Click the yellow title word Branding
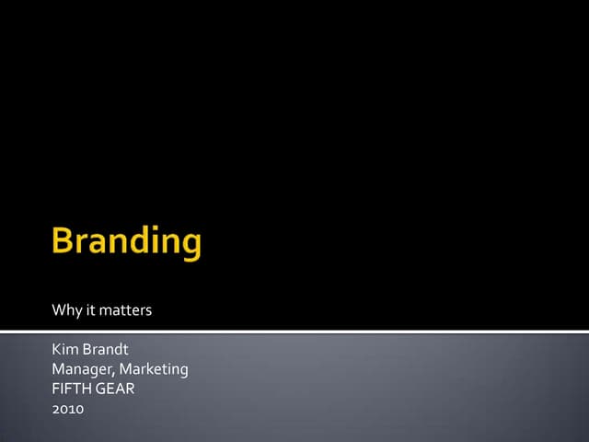(126, 242)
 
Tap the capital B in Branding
(63, 241)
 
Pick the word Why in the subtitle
(66, 310)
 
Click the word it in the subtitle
(90, 310)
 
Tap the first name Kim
(65, 351)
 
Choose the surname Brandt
(108, 351)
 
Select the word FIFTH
(70, 389)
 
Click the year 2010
(68, 408)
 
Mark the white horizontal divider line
(294, 331)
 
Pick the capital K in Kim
(57, 351)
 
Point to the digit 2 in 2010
(56, 408)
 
